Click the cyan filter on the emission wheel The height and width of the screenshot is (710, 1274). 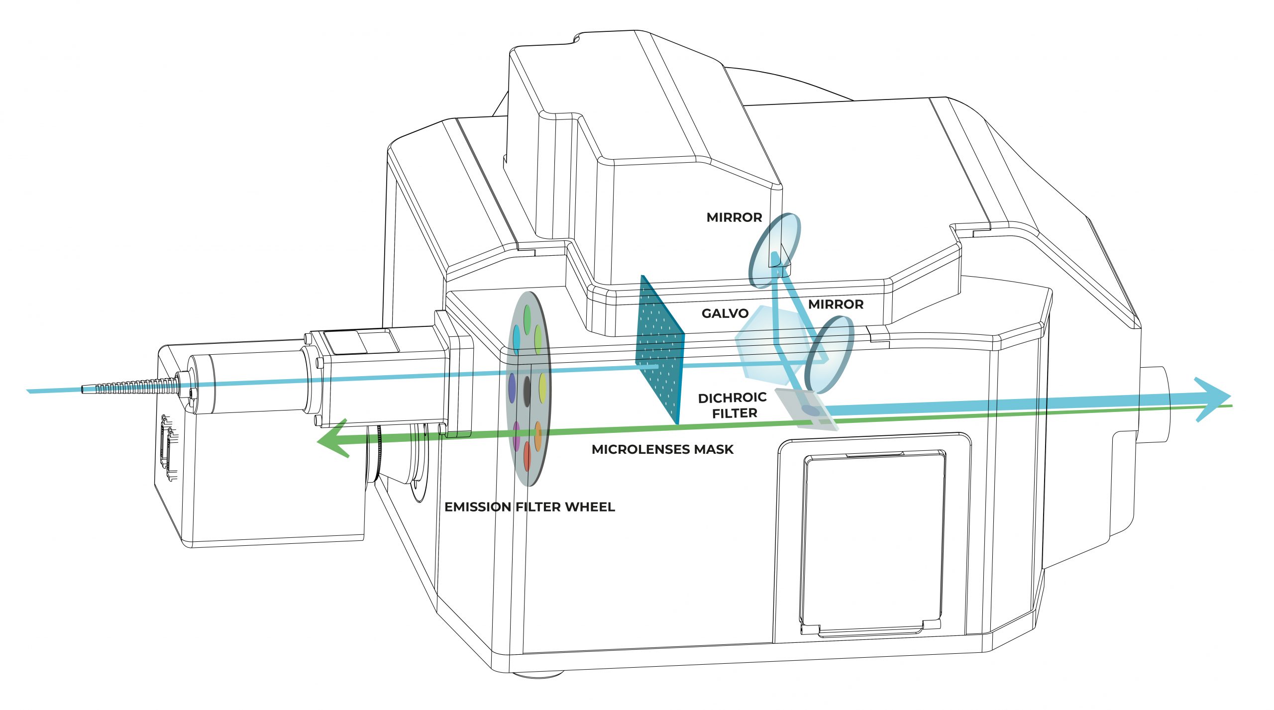517,338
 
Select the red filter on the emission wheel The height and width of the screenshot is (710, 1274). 528,456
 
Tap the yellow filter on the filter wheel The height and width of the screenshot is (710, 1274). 542,388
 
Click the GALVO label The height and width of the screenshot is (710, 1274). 725,313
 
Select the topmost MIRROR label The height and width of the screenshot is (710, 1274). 734,217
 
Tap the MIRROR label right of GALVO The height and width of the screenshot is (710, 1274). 836,304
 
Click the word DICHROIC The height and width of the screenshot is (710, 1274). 732,398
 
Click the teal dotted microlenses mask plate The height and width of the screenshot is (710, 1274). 660,348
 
